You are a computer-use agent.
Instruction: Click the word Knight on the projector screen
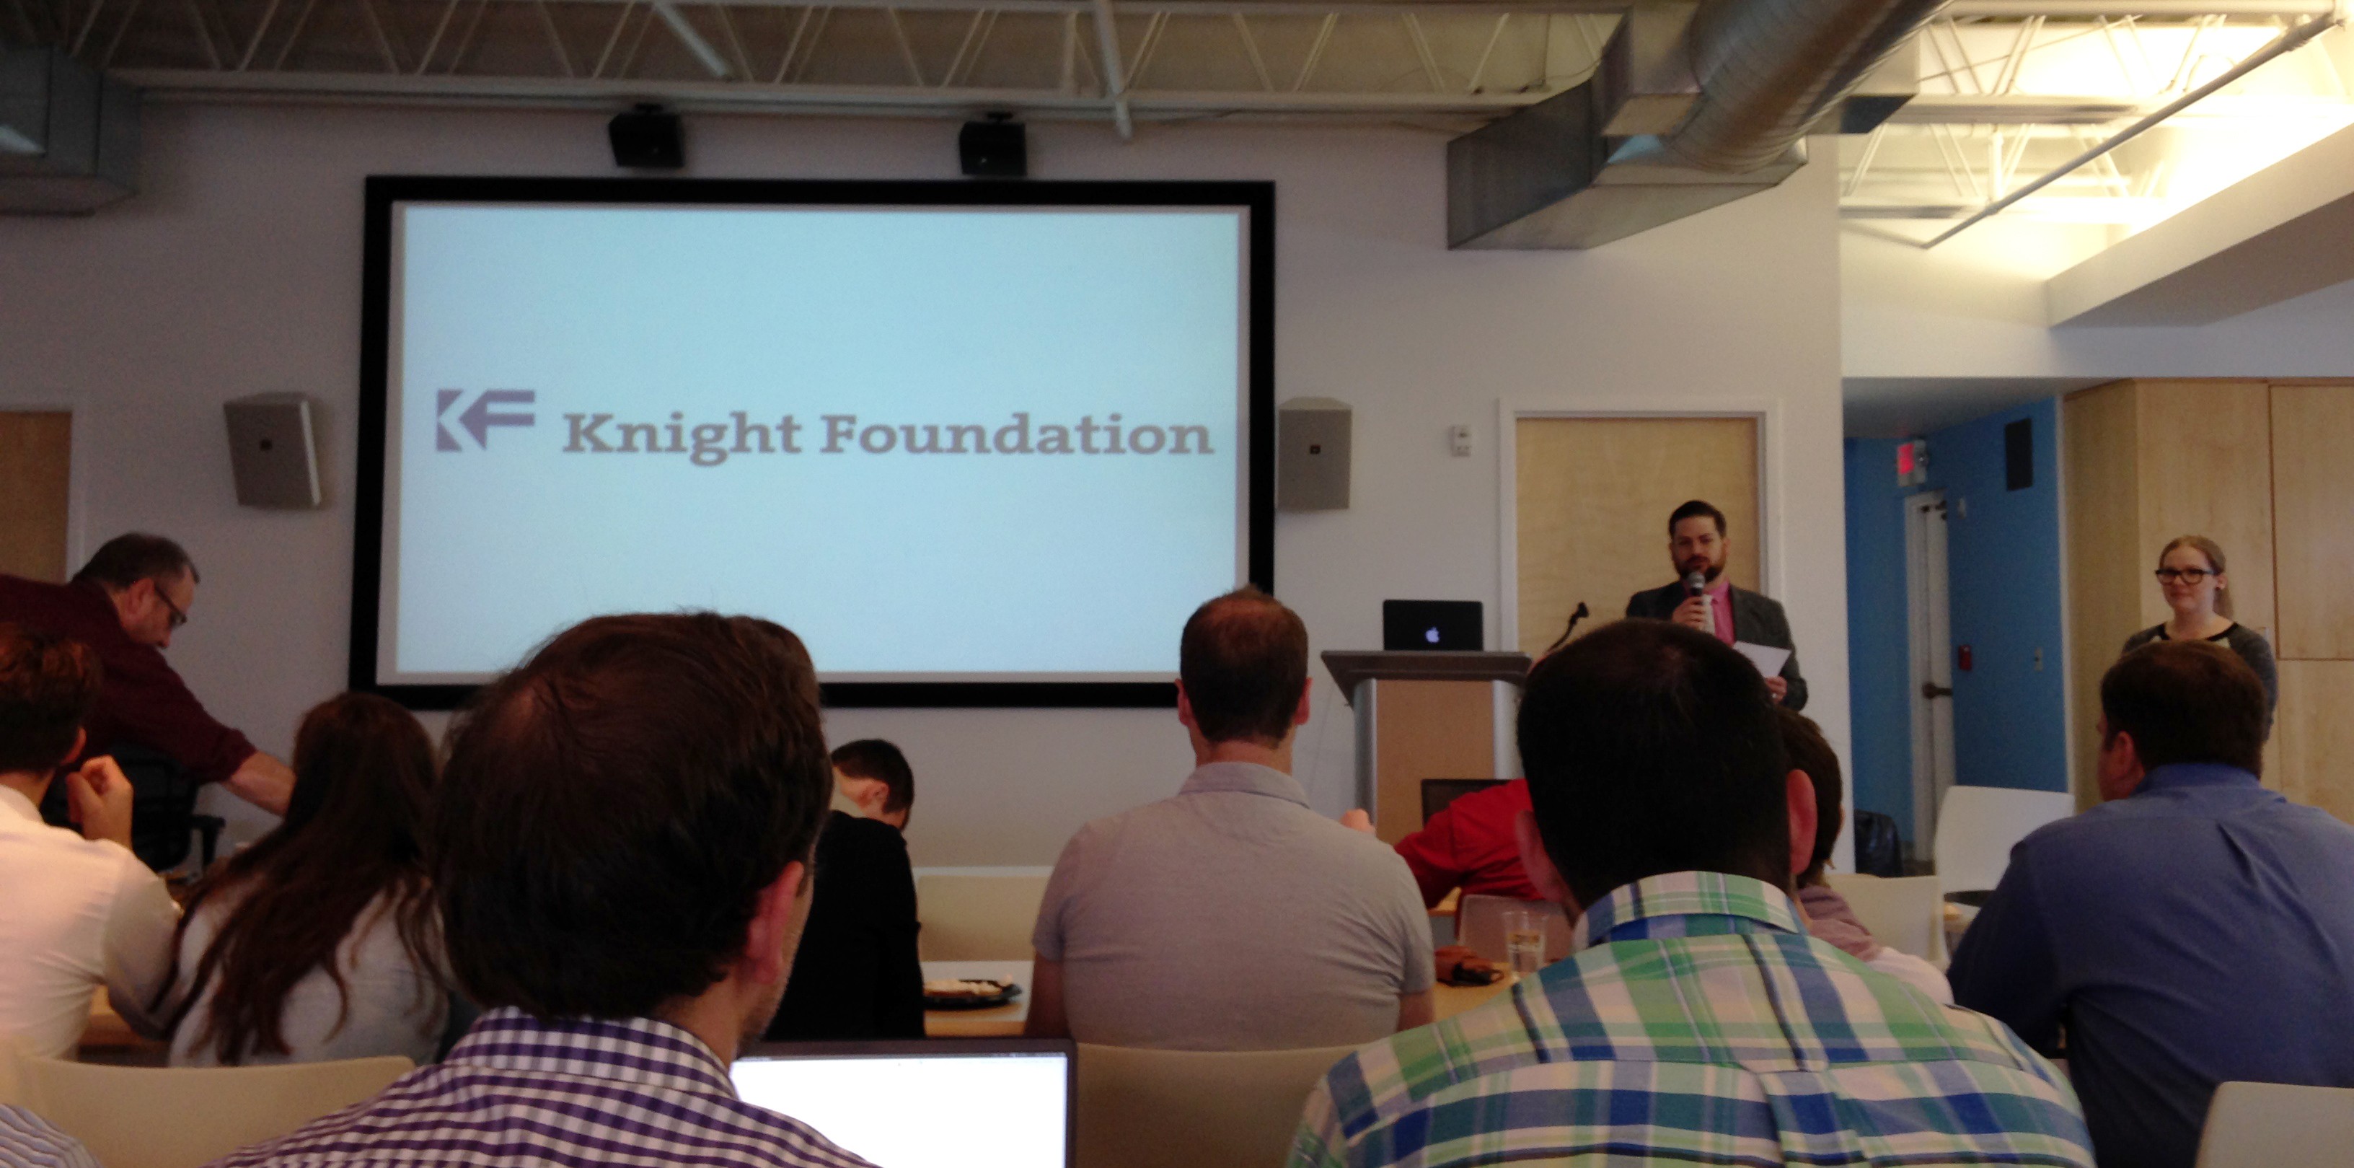682,434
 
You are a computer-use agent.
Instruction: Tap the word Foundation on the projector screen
1016,434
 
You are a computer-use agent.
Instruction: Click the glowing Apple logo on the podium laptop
1432,634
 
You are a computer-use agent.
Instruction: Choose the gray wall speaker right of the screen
1314,453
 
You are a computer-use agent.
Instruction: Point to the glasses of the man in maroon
171,607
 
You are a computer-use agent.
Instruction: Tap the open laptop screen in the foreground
903,1110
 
